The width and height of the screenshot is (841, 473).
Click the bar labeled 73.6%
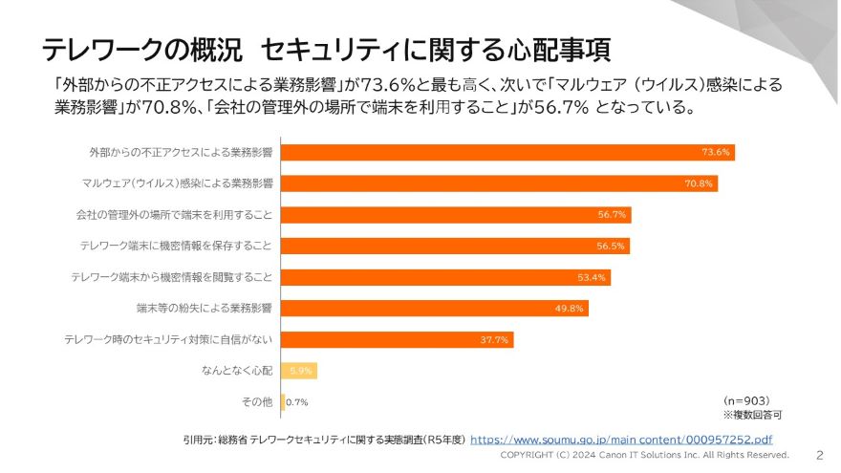507,152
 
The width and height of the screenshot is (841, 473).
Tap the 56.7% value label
612,215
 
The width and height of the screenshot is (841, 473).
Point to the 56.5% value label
611,246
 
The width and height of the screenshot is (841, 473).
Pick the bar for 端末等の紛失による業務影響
435,308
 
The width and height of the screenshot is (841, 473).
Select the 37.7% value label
496,339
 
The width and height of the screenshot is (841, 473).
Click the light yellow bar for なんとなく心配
298,371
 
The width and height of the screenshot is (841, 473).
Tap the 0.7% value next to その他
297,402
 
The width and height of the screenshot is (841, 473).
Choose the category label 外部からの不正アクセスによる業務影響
181,152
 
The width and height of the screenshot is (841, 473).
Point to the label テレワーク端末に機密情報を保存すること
176,246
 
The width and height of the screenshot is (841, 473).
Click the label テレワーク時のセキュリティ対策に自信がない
168,339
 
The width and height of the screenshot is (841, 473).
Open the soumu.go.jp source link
621,440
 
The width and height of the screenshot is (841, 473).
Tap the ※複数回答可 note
751,416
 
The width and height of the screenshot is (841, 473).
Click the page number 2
819,455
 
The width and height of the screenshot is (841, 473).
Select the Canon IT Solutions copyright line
645,456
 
